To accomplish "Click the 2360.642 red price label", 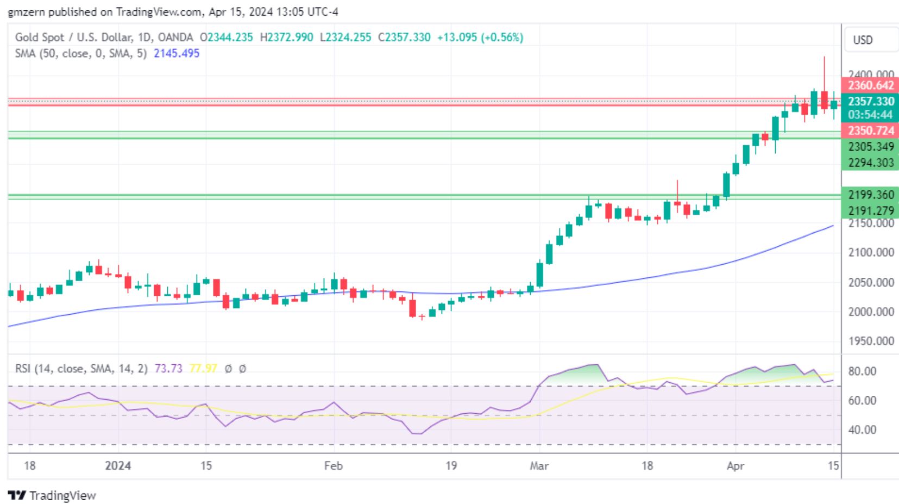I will pos(870,85).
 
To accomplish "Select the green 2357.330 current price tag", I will pos(870,101).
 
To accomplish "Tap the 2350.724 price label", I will pos(870,130).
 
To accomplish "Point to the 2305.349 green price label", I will pos(870,147).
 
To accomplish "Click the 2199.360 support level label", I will pos(870,195).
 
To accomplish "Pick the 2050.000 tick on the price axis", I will pos(871,282).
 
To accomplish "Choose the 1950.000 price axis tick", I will pos(871,341).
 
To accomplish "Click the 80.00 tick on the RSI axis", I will pos(862,371).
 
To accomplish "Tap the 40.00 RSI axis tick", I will pos(862,430).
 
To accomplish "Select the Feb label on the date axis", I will pos(333,465).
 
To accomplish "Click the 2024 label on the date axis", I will pos(118,465).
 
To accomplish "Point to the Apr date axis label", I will pos(735,465).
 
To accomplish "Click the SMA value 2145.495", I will pos(177,53).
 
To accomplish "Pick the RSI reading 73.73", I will pos(168,369).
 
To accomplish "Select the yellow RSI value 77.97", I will pos(203,369).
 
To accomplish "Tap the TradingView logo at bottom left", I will pos(52,495).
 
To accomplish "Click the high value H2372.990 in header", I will pos(286,38).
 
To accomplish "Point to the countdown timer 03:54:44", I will pos(870,115).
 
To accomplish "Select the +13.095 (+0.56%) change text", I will pos(480,38).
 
